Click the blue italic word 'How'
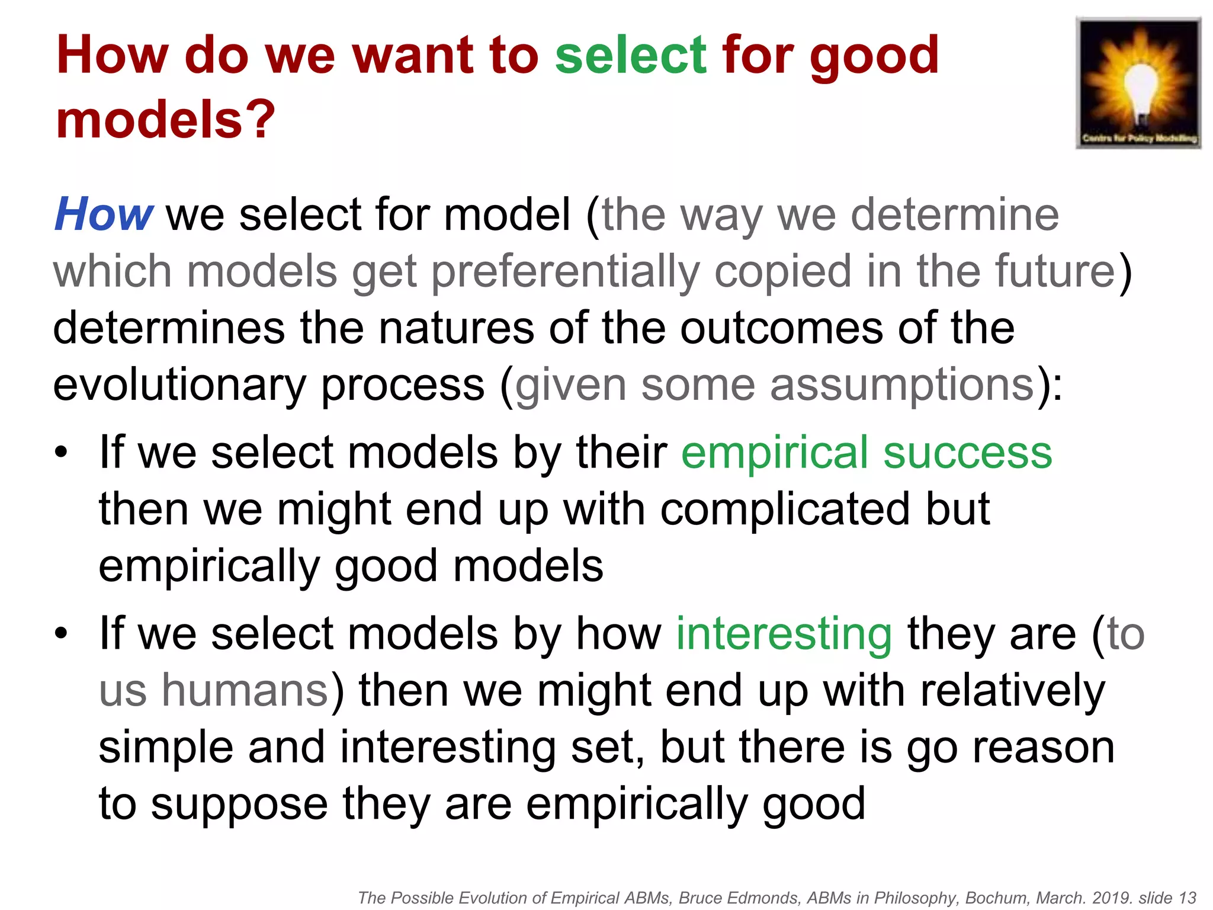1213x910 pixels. coord(104,214)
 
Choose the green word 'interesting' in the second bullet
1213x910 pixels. coord(784,634)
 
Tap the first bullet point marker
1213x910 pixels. coord(61,453)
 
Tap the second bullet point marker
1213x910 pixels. coord(61,634)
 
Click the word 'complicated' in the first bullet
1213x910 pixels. coord(785,510)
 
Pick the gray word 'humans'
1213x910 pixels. coord(245,691)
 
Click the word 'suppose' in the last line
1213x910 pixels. coord(239,804)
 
